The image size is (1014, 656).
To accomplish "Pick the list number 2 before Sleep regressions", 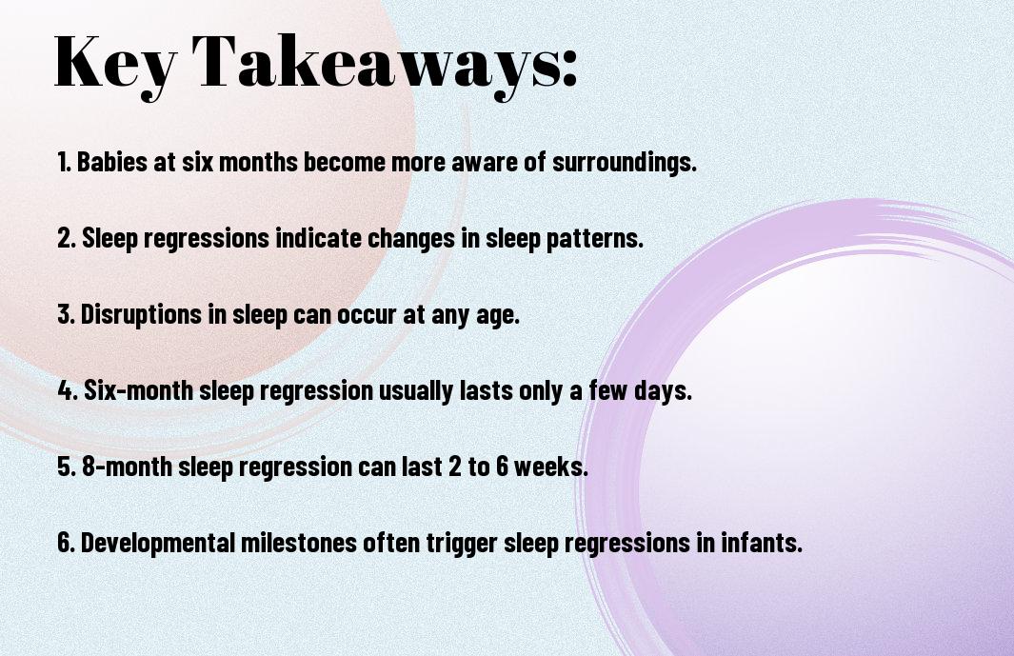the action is (x=67, y=238).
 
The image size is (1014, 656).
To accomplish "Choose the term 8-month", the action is (x=126, y=467).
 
